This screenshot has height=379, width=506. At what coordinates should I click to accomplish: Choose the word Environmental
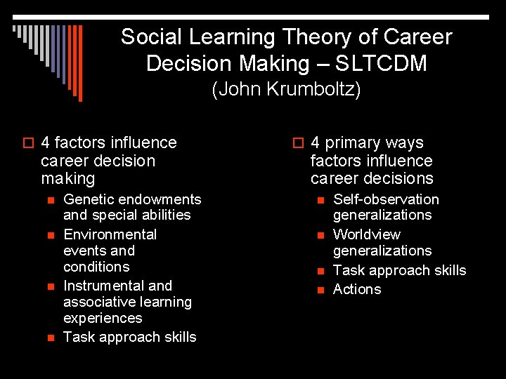(110, 234)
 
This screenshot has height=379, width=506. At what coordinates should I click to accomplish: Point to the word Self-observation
(386, 199)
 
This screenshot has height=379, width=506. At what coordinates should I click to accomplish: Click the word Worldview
(366, 234)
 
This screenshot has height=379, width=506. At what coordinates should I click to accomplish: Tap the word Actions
(357, 289)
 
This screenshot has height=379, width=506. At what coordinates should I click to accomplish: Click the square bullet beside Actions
(320, 290)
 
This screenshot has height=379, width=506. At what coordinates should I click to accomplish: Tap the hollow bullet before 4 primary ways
(298, 144)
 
